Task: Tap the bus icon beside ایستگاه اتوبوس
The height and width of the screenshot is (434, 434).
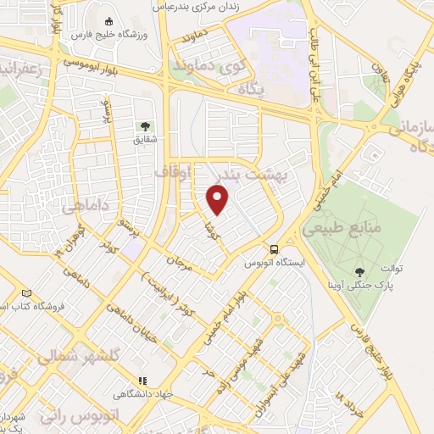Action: point(273,249)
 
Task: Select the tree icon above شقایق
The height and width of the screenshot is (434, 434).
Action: point(141,128)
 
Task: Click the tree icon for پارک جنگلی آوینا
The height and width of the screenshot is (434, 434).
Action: point(361,271)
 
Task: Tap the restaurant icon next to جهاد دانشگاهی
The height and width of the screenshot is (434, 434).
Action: point(142,381)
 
